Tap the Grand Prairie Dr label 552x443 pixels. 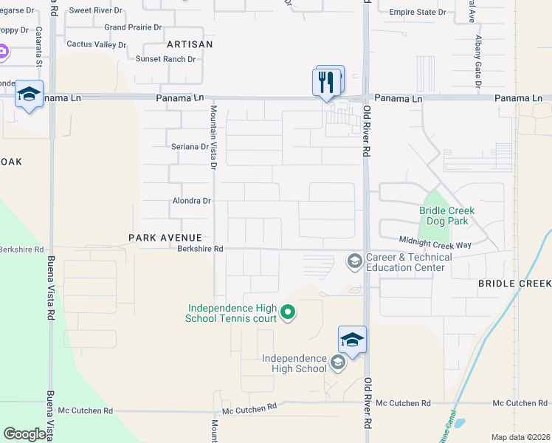(x=133, y=27)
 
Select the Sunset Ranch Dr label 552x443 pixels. (x=165, y=59)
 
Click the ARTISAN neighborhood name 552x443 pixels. (x=190, y=44)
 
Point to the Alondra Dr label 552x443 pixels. (x=191, y=201)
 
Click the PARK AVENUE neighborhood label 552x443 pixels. (x=165, y=238)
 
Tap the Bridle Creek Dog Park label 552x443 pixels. (x=447, y=216)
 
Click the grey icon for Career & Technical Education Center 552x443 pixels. (x=354, y=261)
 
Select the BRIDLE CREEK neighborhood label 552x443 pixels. (x=514, y=284)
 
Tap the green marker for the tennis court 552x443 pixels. (x=288, y=313)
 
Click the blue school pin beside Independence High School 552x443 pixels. (x=352, y=340)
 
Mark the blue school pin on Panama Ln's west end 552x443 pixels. (x=29, y=95)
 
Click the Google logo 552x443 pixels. (x=24, y=434)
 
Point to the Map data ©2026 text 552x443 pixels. (x=520, y=437)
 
